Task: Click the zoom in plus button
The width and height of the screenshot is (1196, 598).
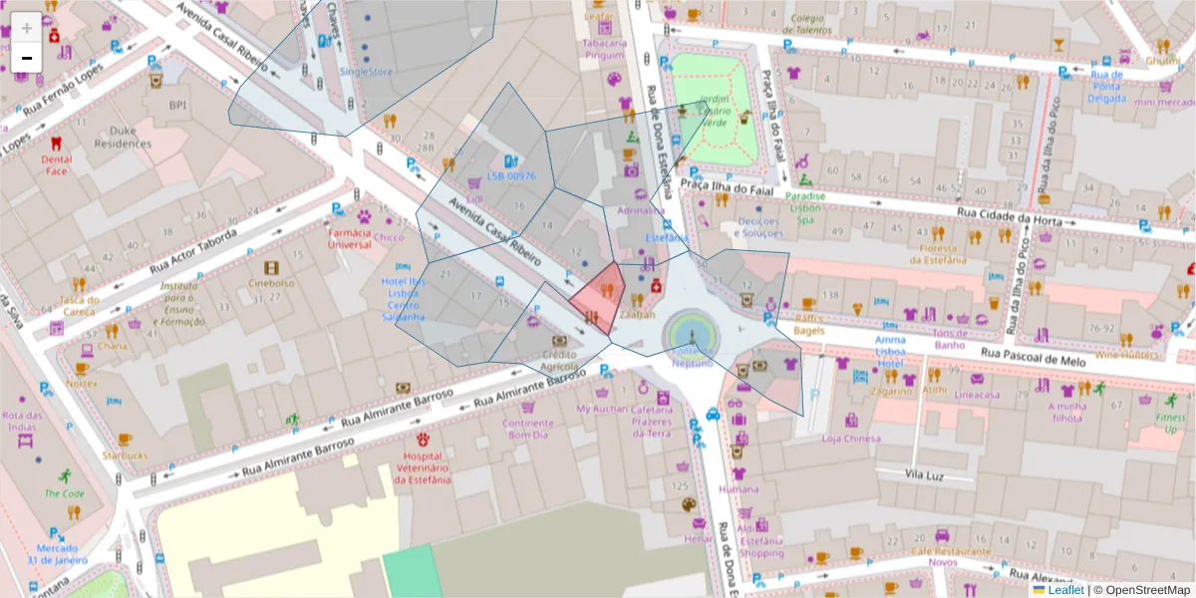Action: pos(27,28)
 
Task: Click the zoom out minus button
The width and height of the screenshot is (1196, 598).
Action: pos(27,58)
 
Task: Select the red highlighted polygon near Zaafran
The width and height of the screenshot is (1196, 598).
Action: pos(601,294)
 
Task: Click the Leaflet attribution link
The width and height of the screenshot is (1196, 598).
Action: pos(1065,590)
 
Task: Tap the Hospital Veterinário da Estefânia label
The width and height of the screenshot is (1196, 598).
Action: pos(423,465)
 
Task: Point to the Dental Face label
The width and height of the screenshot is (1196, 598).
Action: pos(56,164)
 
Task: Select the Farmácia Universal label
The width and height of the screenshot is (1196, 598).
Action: pos(350,238)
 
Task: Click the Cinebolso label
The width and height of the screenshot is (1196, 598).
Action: pos(272,282)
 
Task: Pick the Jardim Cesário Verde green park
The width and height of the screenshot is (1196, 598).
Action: pos(713,110)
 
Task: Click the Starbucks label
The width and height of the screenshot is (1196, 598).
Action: pos(124,455)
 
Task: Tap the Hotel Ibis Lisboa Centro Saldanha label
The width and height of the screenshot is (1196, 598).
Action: pos(404,299)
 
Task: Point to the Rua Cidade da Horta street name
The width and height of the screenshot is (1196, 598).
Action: pos(1009,215)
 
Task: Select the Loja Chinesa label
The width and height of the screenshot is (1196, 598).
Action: pos(850,439)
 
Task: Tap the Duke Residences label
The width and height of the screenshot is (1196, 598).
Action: pos(122,137)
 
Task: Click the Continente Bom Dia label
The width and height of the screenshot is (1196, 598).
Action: pos(527,429)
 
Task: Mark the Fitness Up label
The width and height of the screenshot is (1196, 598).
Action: pos(1172,423)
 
